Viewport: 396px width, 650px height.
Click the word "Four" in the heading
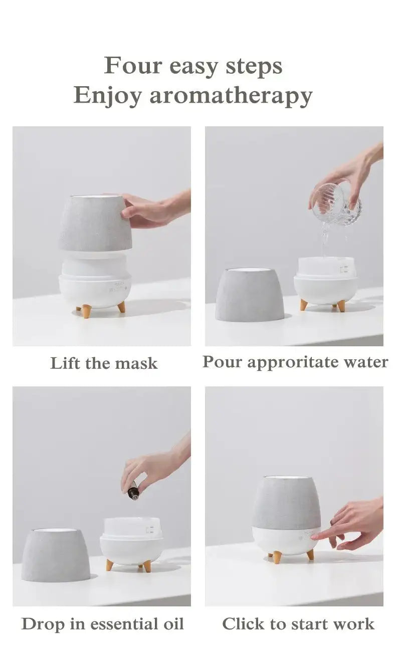tap(132, 65)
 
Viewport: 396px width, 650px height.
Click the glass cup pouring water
tap(335, 205)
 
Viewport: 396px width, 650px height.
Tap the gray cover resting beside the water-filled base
tap(250, 295)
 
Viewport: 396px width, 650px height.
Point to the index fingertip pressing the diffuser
tap(313, 537)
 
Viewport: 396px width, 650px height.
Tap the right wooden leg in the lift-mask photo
tap(121, 306)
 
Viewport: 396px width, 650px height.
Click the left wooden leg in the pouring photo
tap(303, 305)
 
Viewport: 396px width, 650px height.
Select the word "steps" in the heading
tap(254, 67)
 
